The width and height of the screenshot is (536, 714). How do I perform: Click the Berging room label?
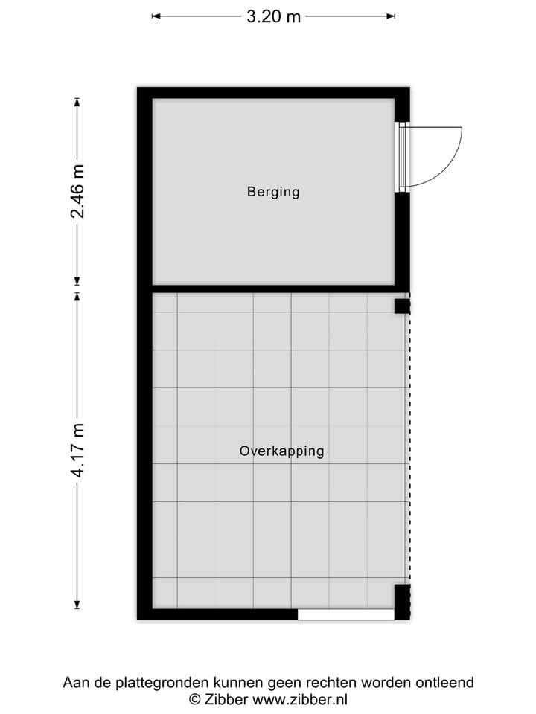tap(273, 192)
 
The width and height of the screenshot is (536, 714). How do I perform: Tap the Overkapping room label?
tap(281, 451)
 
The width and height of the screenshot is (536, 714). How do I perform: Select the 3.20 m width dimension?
tap(273, 16)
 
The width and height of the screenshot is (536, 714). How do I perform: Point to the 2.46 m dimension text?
tap(77, 192)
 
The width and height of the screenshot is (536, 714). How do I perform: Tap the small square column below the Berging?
tap(401, 306)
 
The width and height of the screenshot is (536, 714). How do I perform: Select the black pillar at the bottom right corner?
tap(401, 602)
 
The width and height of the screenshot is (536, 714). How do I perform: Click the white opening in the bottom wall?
tap(345, 614)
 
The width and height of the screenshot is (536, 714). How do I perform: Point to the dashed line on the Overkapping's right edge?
tap(409, 446)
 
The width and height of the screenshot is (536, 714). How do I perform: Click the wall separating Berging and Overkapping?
tap(273, 289)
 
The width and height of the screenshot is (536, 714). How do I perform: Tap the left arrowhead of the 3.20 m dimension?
tap(156, 16)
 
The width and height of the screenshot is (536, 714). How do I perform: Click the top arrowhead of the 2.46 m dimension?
tap(77, 102)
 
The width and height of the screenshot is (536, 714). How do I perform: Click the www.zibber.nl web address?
tap(300, 699)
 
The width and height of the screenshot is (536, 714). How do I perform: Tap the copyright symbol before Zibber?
tap(194, 699)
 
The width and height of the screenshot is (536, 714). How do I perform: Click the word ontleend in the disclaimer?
tap(447, 683)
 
